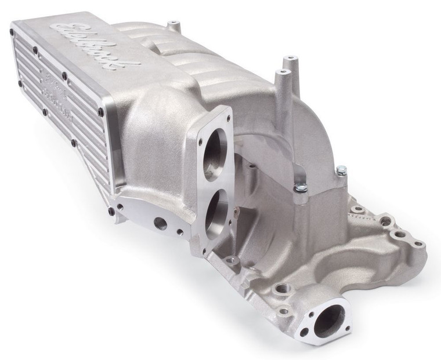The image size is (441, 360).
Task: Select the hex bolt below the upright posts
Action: (301, 188)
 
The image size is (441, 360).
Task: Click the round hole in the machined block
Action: (160, 222)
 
